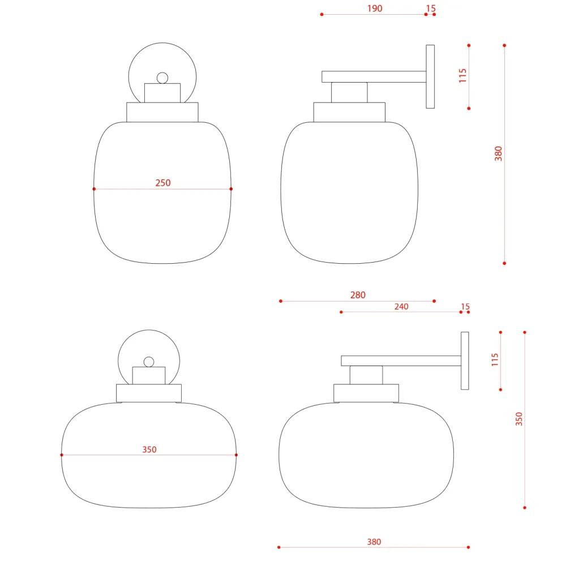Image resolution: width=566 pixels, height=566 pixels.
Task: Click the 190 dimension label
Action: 375,8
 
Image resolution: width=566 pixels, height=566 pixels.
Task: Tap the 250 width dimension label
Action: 163,183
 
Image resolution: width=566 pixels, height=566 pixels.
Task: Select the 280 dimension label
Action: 358,295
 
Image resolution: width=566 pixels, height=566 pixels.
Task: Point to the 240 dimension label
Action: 401,307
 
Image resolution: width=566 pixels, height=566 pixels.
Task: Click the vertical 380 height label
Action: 499,154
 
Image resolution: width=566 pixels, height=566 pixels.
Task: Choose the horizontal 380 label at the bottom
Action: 374,542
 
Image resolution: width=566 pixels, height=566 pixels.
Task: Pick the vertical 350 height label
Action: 519,419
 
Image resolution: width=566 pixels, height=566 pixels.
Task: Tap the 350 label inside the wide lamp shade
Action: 149,450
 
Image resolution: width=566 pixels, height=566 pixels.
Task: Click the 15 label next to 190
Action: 431,8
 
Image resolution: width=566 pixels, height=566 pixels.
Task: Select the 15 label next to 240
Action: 465,307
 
